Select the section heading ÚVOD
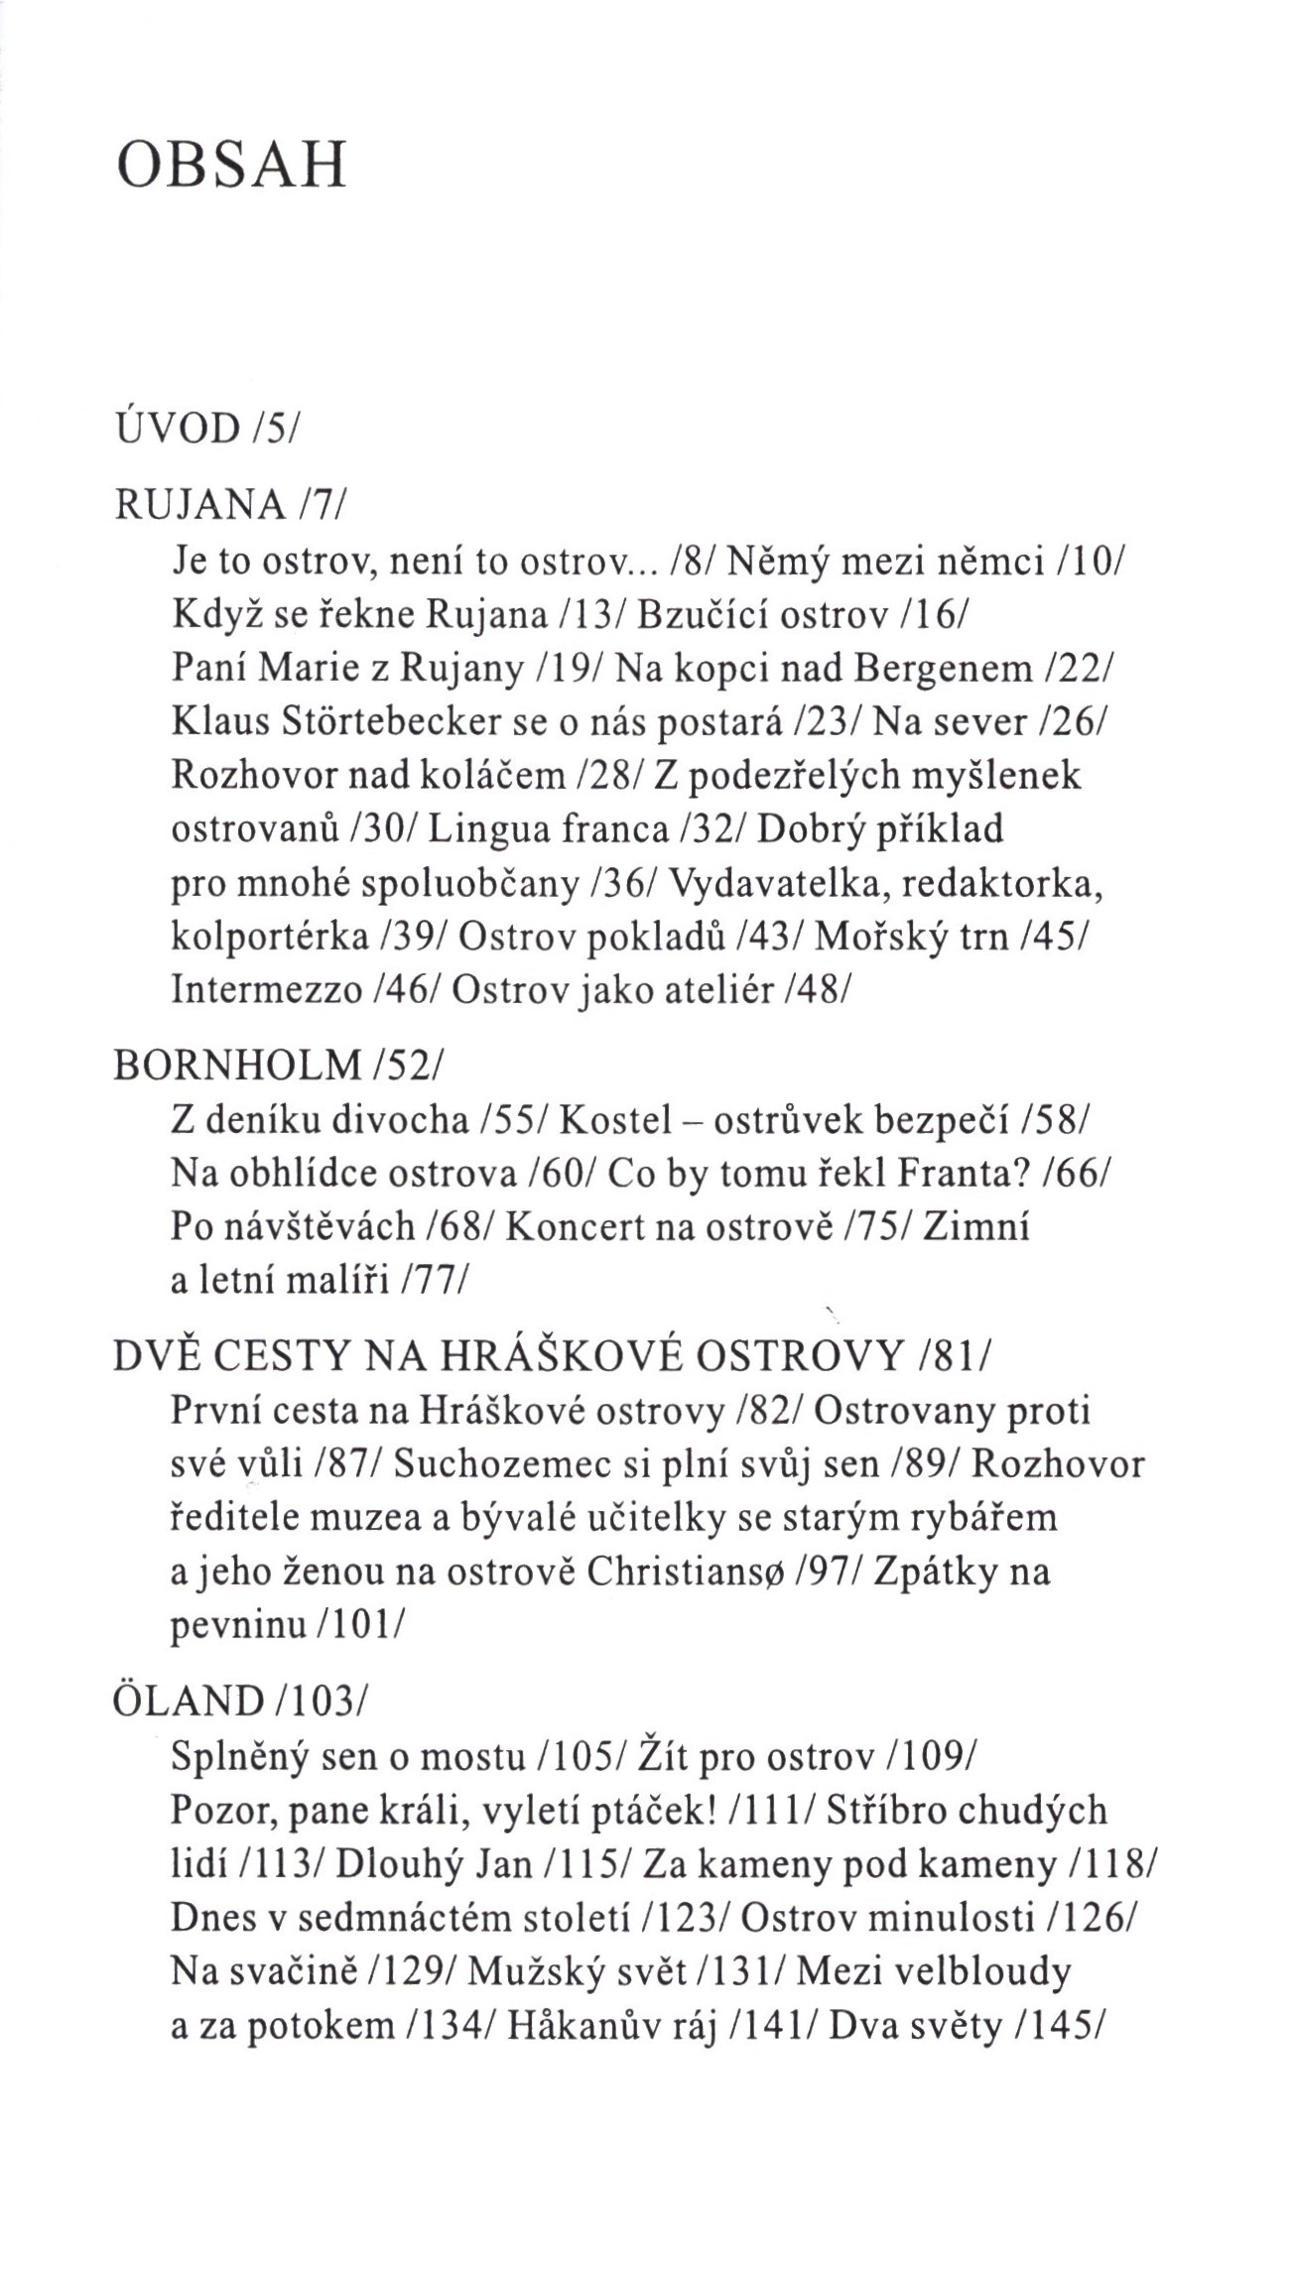coord(179,429)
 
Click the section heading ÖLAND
coord(189,1702)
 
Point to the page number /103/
coord(320,1702)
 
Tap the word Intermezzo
coord(267,989)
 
